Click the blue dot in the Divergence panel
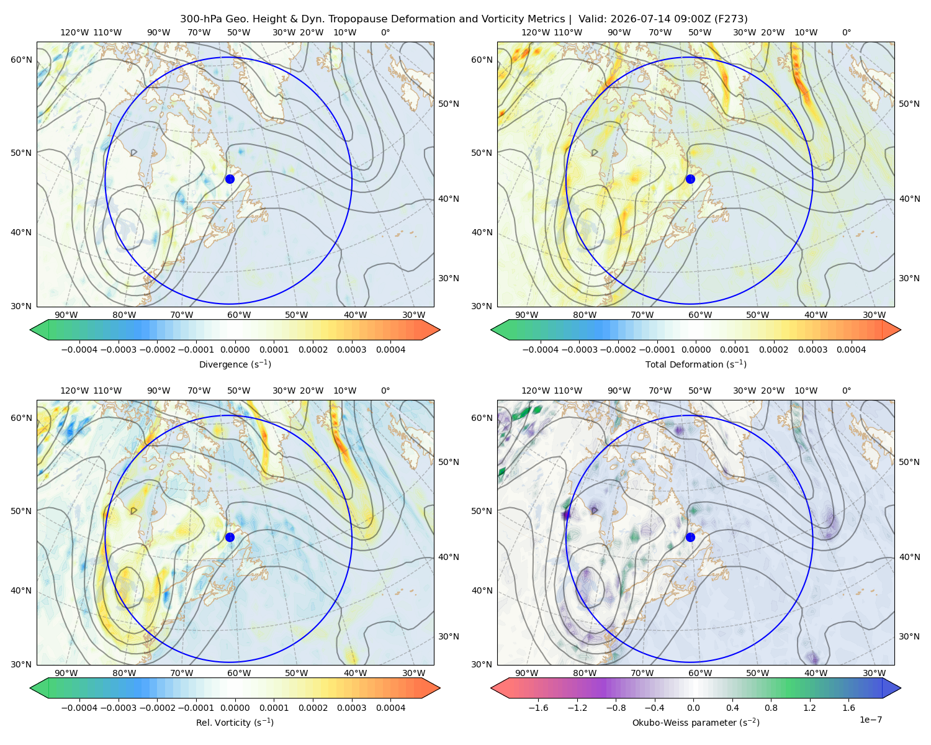230,179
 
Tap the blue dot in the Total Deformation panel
690,179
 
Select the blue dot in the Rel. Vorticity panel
230,537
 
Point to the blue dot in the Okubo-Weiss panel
690,537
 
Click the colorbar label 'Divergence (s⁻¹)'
235,364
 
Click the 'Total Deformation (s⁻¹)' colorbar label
696,364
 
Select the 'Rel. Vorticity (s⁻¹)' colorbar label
235,722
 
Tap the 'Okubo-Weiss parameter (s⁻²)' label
696,722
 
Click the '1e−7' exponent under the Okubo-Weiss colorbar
870,720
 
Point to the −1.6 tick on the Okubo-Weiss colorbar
538,707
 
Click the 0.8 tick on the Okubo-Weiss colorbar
771,707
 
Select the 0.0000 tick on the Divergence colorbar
235,350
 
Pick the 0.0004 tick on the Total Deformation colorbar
851,350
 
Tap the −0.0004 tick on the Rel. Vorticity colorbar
79,707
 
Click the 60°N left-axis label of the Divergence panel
21,60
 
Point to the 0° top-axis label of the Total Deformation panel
846,32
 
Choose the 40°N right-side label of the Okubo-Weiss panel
909,557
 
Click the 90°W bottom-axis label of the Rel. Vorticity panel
66,673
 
